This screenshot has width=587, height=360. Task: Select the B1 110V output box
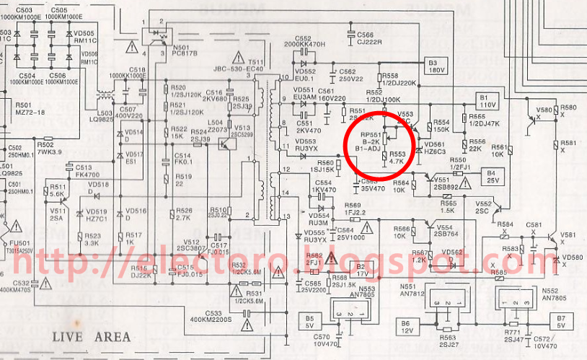[488, 100]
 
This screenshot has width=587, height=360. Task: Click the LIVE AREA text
[91, 336]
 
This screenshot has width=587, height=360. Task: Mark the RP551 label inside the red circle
[371, 134]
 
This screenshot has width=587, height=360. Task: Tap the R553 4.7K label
[397, 158]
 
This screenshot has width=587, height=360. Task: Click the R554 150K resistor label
[441, 126]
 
